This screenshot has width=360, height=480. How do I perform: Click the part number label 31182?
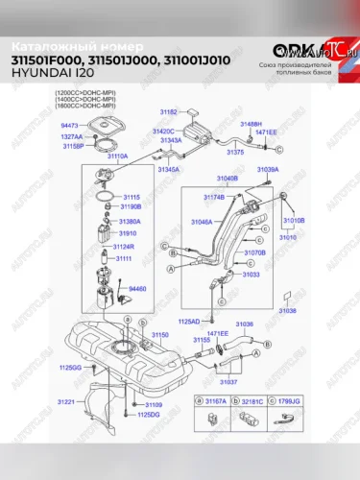tap(166, 112)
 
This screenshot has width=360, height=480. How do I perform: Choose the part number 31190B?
tap(130, 205)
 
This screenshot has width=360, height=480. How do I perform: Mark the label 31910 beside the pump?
tap(127, 233)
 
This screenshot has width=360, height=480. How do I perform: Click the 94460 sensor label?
tap(138, 288)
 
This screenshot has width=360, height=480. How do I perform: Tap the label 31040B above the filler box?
tap(227, 178)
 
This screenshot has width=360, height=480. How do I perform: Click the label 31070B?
tap(254, 252)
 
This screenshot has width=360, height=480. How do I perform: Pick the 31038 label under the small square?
tap(287, 312)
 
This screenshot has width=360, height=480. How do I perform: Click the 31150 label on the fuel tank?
tap(159, 334)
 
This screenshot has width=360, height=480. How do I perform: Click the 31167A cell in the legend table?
tap(214, 398)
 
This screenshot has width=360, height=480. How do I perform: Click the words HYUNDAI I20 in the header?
tap(43, 74)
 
